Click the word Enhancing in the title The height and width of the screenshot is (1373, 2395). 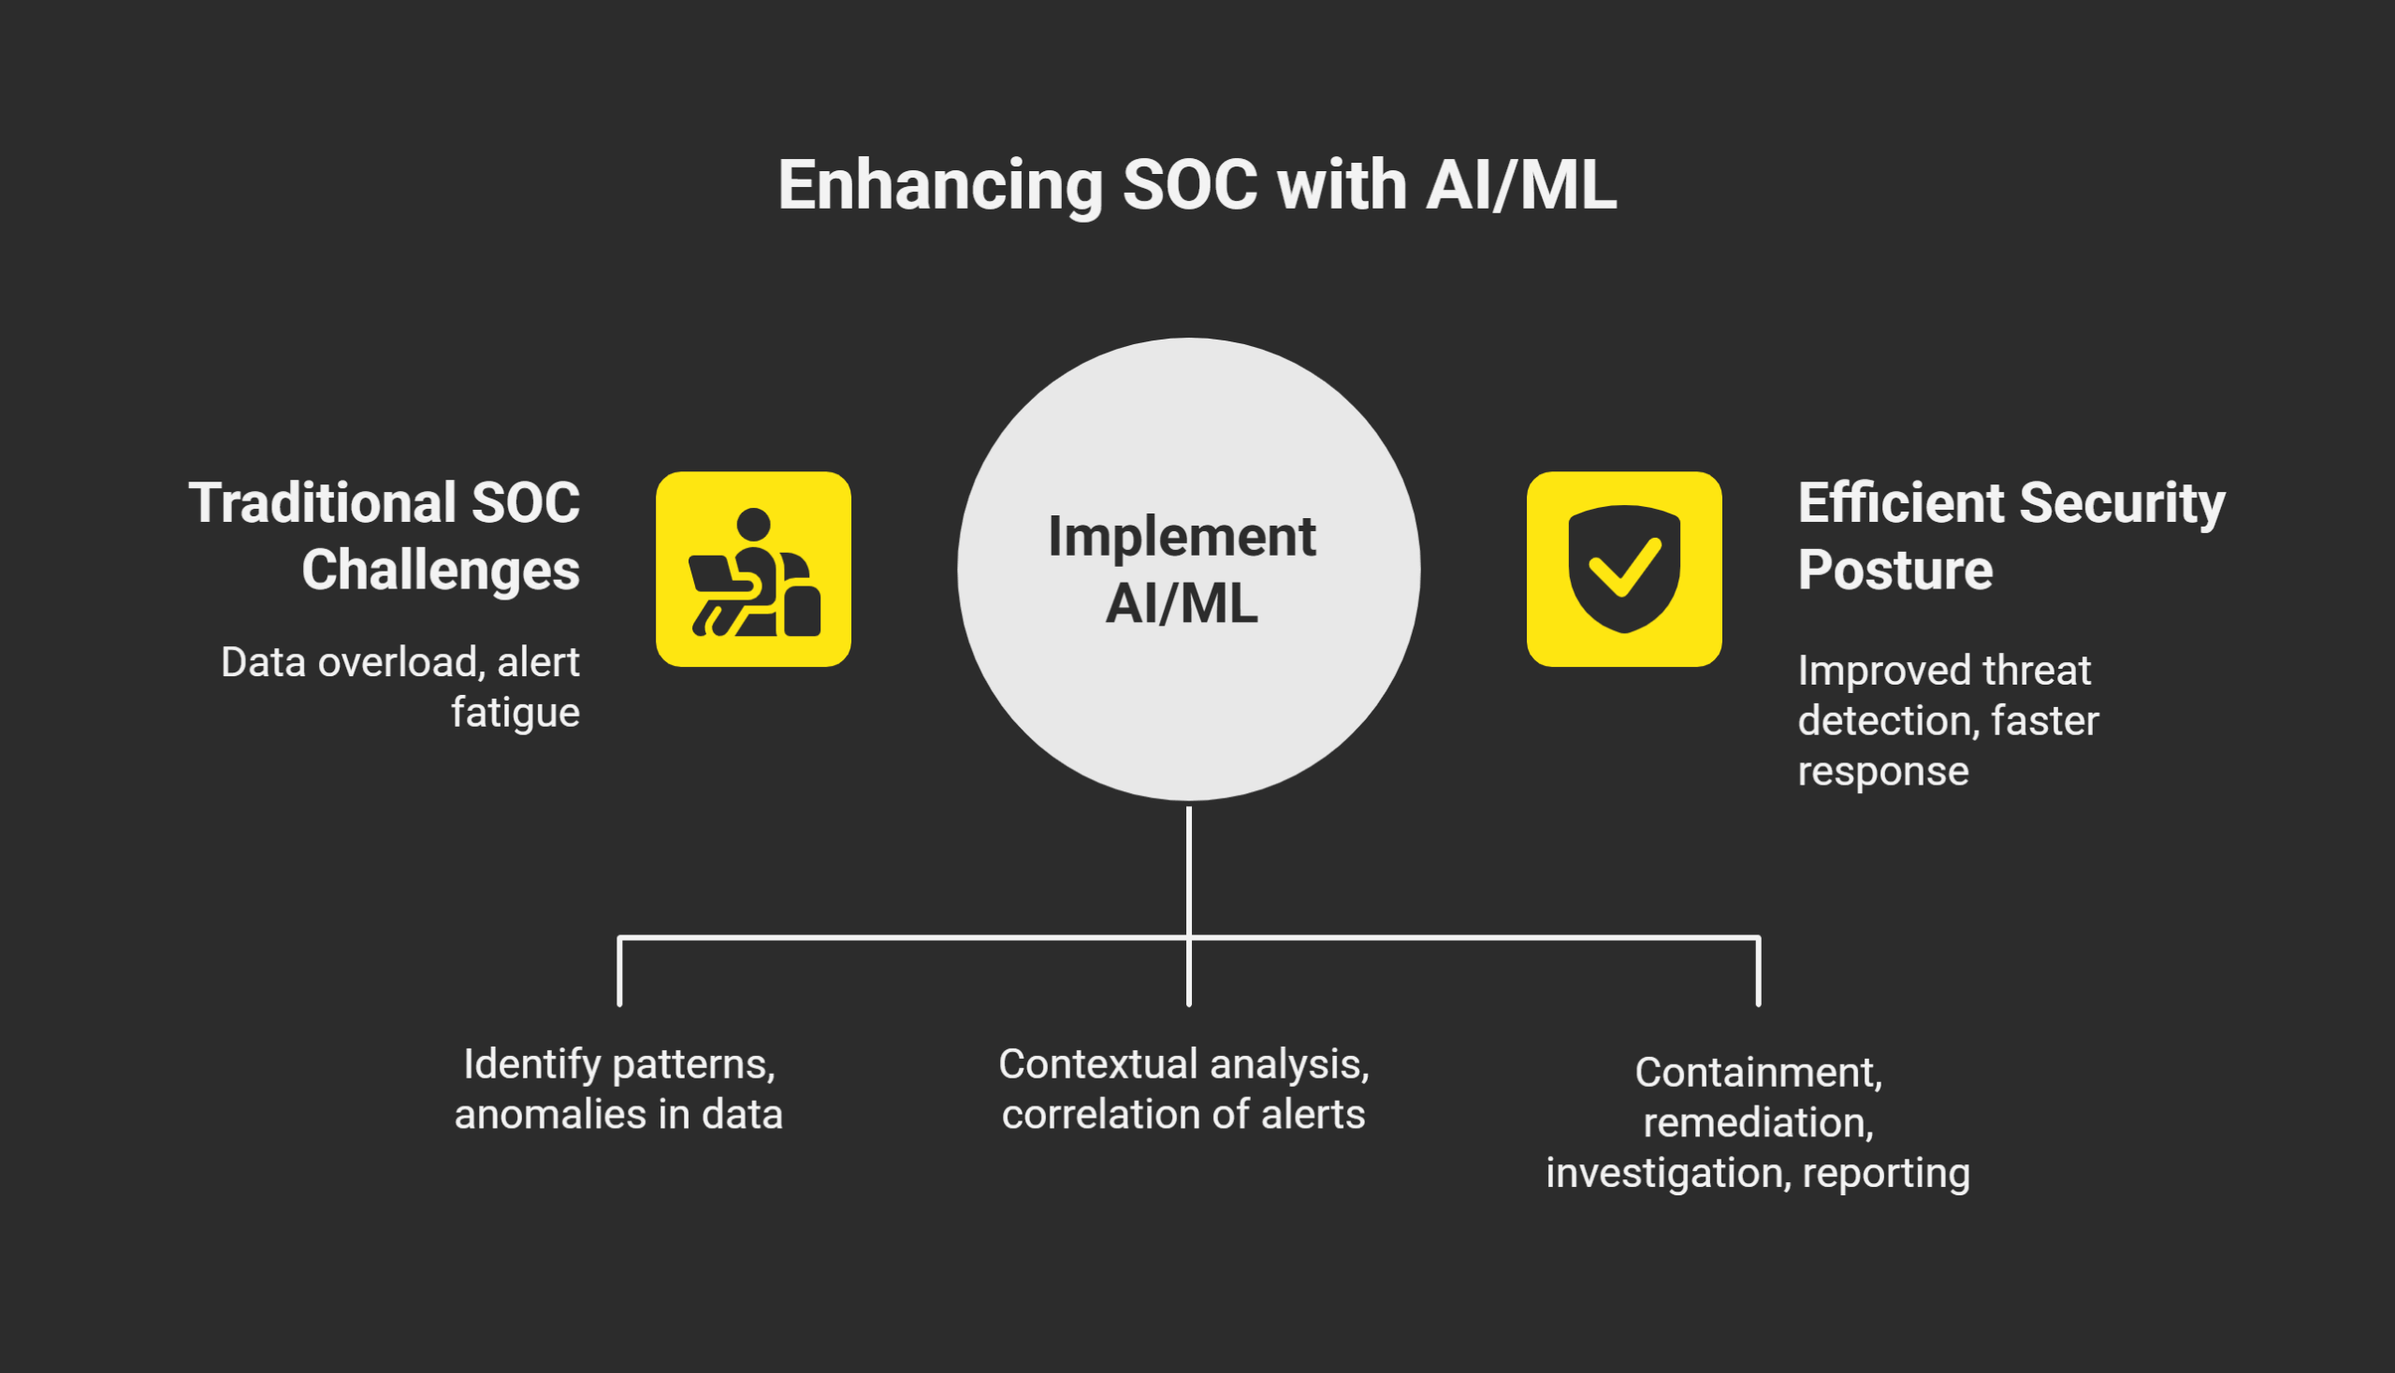tap(939, 186)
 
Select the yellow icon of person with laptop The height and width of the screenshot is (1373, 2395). tap(753, 570)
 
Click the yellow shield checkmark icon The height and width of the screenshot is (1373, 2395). tap(1623, 570)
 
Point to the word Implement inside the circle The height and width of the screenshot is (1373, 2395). tap(1181, 538)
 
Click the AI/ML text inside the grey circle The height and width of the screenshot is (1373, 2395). tap(1181, 603)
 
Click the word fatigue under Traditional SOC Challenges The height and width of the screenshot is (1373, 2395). tap(515, 712)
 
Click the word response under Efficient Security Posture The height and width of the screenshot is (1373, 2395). tap(1883, 772)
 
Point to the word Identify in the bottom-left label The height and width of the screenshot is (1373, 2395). tap(532, 1064)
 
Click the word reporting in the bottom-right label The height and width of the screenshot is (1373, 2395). tap(1886, 1173)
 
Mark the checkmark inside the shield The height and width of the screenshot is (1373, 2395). tap(1623, 567)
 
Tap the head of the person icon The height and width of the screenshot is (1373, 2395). tap(753, 524)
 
